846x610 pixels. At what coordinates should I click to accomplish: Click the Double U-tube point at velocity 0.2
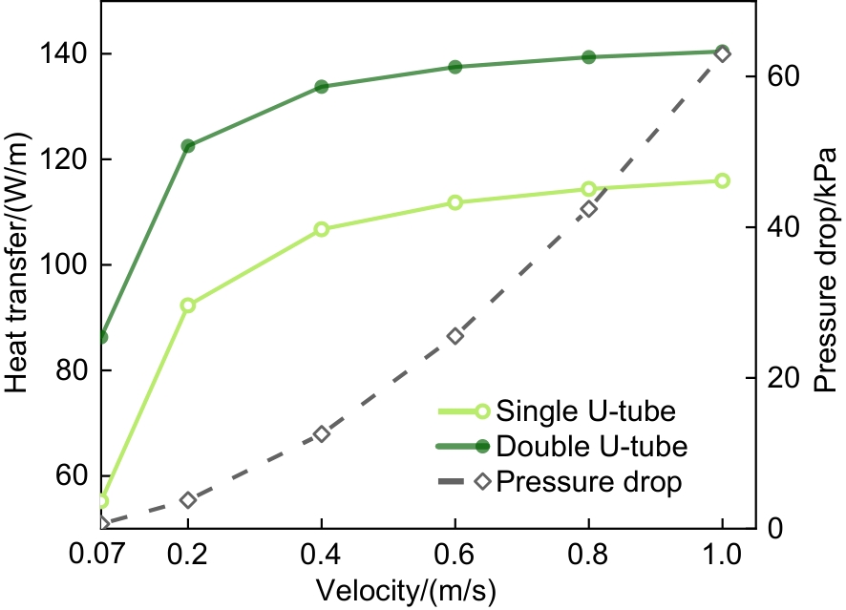(x=188, y=146)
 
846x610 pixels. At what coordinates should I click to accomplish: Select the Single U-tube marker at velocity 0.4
(x=322, y=229)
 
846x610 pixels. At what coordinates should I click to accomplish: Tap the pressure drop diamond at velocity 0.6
(x=455, y=336)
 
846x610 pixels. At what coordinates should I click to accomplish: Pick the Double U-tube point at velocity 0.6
(x=455, y=67)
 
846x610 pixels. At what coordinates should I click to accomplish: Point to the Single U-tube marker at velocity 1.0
(x=723, y=180)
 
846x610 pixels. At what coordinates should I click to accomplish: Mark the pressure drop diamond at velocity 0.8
(x=589, y=209)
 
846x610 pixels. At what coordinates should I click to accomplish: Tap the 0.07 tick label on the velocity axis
(x=99, y=554)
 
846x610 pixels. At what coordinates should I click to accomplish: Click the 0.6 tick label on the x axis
(x=455, y=554)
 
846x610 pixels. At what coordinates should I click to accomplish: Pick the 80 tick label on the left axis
(x=72, y=370)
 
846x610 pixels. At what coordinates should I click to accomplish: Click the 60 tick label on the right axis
(x=779, y=77)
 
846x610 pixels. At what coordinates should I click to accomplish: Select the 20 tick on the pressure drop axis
(x=779, y=378)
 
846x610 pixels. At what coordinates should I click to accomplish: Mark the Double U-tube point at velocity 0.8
(x=589, y=57)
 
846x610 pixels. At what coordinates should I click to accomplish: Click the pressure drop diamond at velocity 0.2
(x=188, y=500)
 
